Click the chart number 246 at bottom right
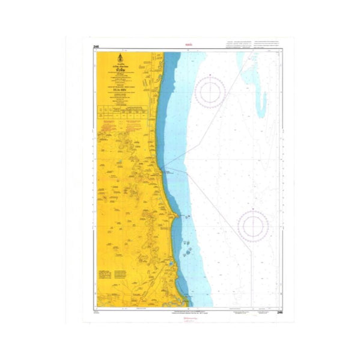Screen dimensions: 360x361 click(x=279, y=312)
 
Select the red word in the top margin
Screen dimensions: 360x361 click(x=188, y=44)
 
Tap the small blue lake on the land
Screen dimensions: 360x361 click(x=171, y=263)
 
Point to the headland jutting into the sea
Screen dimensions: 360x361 click(x=174, y=215)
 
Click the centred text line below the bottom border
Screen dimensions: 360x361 click(x=188, y=313)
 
